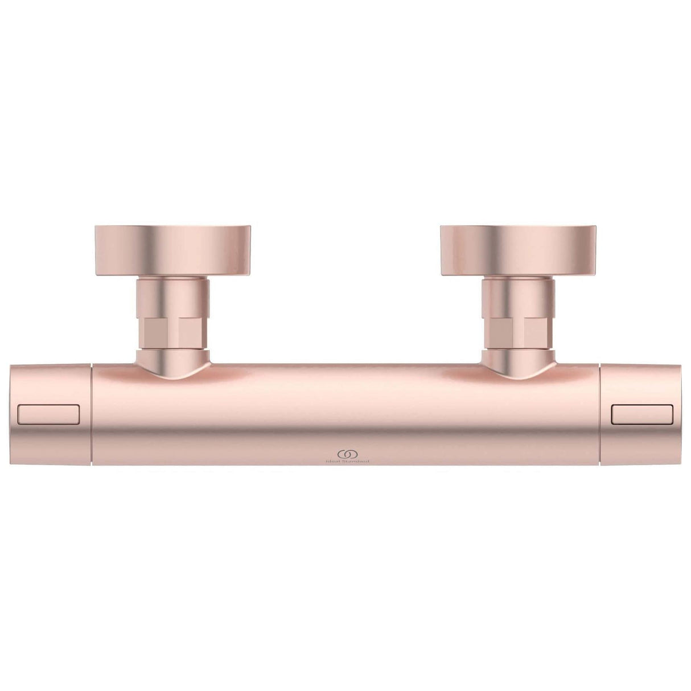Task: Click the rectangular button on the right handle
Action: tap(642, 414)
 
